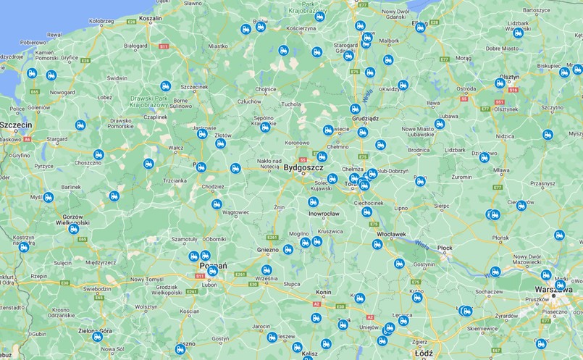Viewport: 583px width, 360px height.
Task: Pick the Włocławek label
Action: pyautogui.click(x=390, y=234)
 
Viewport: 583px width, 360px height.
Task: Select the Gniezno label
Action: pyautogui.click(x=267, y=249)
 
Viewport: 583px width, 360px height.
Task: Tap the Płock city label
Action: pyautogui.click(x=445, y=248)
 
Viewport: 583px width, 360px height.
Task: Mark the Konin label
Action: pyautogui.click(x=323, y=291)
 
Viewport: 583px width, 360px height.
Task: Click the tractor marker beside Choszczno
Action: pyautogui.click(x=98, y=154)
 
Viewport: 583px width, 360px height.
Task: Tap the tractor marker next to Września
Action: pyautogui.click(x=267, y=270)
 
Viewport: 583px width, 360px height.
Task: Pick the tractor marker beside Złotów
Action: pyautogui.click(x=220, y=143)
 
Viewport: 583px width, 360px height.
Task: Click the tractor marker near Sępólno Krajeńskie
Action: pyautogui.click(x=265, y=127)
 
